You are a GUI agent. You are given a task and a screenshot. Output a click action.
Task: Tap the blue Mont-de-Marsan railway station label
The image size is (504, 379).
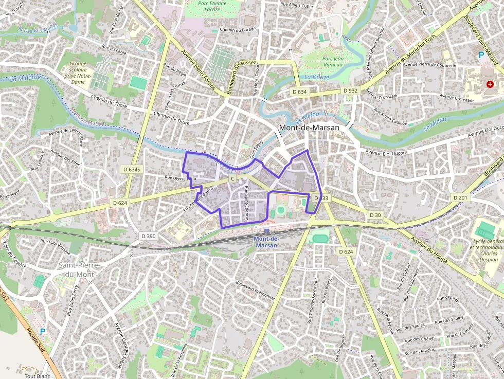pyautogui.click(x=266, y=242)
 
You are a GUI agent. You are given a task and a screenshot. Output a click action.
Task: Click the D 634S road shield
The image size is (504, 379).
pyautogui.click(x=132, y=169)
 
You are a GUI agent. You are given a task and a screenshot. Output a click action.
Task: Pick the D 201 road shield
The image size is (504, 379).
pyautogui.click(x=460, y=197)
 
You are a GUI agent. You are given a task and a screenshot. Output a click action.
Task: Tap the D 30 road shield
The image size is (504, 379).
pyautogui.click(x=375, y=214)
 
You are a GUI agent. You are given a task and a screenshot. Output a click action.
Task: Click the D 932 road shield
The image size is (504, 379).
pyautogui.click(x=350, y=91)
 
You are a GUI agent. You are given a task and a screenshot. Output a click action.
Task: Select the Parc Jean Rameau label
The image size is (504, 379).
pyautogui.click(x=333, y=62)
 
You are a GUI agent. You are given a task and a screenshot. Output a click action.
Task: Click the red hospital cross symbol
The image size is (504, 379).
pyautogui.click(x=490, y=83)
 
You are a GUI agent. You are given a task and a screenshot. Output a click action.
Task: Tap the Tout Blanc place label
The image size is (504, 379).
pyautogui.click(x=37, y=376)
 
